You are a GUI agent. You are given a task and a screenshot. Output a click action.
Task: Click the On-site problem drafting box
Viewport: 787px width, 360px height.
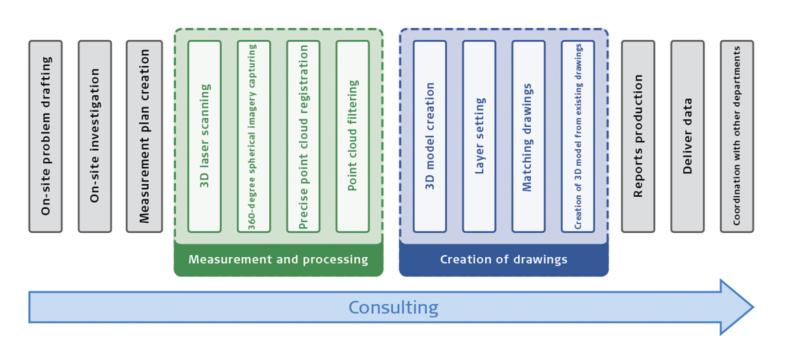(x=46, y=136)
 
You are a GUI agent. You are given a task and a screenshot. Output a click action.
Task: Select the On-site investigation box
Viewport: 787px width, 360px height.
(x=95, y=136)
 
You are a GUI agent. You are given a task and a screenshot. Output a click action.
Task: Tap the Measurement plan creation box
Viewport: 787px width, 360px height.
(x=144, y=136)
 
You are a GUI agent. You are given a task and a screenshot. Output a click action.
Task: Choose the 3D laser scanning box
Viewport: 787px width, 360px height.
(x=204, y=136)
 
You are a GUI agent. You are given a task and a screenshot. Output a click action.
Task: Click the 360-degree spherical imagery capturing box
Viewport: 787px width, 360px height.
(x=254, y=136)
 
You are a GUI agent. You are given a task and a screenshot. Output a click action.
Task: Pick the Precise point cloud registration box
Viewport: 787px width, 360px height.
(x=303, y=136)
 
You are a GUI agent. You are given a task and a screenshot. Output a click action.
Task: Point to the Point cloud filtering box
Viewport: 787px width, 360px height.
(x=353, y=136)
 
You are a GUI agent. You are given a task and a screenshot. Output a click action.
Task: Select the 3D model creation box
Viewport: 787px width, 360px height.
(x=430, y=136)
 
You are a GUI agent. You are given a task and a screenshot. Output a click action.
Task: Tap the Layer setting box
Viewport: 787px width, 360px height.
(x=479, y=136)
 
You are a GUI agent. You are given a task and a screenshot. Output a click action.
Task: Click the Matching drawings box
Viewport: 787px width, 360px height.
(x=528, y=136)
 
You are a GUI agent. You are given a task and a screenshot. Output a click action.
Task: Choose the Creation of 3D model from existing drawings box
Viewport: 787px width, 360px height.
(x=578, y=136)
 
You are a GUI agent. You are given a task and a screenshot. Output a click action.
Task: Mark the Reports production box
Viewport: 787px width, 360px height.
(x=638, y=136)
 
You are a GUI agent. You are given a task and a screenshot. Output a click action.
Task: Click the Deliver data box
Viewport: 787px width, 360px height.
(x=688, y=136)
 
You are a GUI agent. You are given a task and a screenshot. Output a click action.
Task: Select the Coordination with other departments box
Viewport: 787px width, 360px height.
(x=737, y=136)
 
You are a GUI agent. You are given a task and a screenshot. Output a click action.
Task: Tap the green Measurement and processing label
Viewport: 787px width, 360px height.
(x=278, y=260)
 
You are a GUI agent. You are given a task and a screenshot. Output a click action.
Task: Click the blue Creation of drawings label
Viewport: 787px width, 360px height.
(x=504, y=260)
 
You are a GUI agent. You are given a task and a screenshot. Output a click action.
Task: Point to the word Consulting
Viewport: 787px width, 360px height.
(x=393, y=308)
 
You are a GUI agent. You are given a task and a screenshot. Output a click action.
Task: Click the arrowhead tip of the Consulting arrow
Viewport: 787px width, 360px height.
(x=751, y=307)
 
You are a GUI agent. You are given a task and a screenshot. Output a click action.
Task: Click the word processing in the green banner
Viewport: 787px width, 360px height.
(x=335, y=260)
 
